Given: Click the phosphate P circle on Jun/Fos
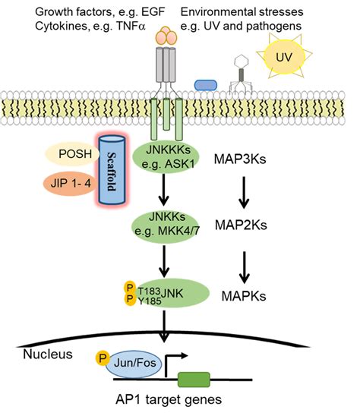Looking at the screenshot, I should pyautogui.click(x=101, y=356).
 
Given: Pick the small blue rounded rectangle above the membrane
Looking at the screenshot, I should pyautogui.click(x=206, y=84).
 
